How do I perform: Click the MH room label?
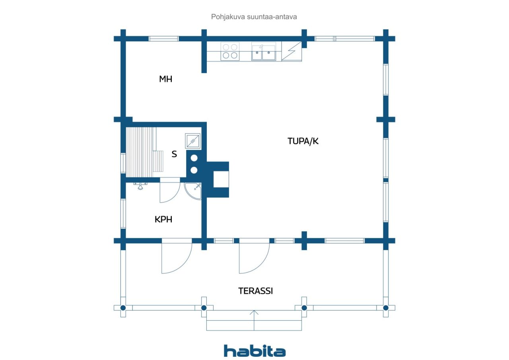166,79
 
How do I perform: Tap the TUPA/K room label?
303,141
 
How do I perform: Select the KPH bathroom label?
163,219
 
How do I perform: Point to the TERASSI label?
256,291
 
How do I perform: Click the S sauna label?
174,154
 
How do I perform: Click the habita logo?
255,351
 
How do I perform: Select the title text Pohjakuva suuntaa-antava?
254,17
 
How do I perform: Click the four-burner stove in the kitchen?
230,51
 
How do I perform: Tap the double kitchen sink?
264,52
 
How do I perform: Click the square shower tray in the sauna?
193,141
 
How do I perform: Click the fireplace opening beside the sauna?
221,179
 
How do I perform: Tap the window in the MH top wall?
163,39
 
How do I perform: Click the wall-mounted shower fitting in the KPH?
140,185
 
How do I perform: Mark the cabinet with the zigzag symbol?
292,51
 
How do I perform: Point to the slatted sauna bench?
144,152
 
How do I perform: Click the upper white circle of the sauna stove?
194,158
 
